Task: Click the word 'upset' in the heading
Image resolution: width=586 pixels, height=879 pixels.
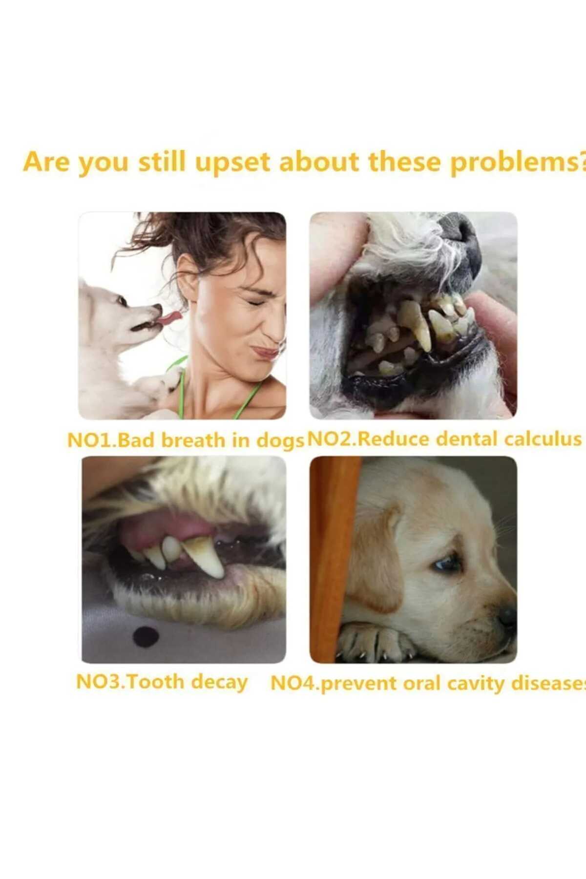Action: click(x=232, y=163)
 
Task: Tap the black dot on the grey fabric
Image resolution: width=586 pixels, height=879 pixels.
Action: click(x=146, y=635)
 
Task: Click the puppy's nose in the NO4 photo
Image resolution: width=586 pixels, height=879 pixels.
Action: click(x=508, y=616)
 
